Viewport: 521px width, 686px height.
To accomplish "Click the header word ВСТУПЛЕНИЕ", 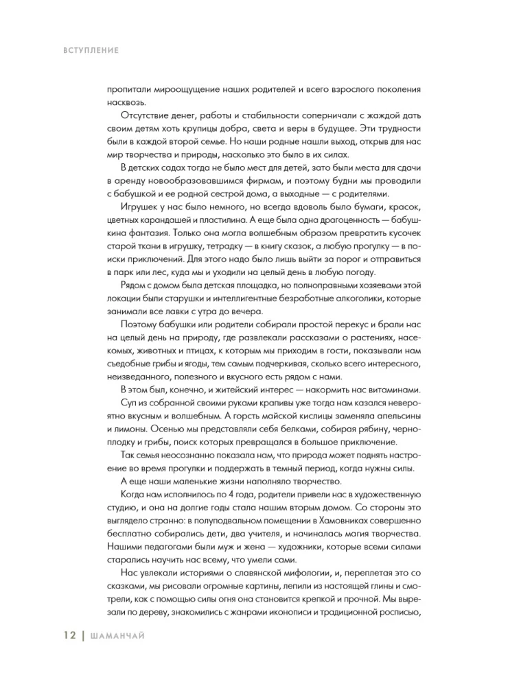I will coord(80,50).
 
